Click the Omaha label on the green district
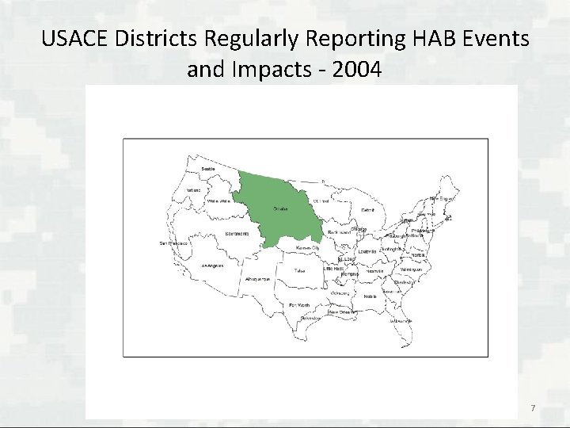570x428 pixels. (x=280, y=209)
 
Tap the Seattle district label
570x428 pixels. (x=208, y=169)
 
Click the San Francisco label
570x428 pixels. (x=173, y=243)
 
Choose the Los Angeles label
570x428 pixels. (x=211, y=266)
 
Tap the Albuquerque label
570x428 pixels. (x=258, y=280)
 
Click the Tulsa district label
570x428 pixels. (x=299, y=270)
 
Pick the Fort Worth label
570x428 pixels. (x=298, y=305)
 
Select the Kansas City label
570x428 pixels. (x=307, y=248)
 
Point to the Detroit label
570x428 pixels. (x=368, y=210)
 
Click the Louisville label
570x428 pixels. (x=367, y=251)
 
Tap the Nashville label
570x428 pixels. (x=375, y=271)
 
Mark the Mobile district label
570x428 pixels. (x=370, y=295)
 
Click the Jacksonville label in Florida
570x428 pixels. (x=401, y=320)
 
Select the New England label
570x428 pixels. (x=441, y=198)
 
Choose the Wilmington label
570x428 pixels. (x=421, y=269)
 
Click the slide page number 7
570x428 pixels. (x=533, y=408)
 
